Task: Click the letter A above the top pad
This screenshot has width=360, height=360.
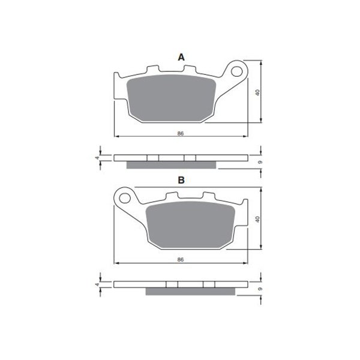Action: coord(181,58)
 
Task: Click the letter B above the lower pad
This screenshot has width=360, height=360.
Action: coord(181,180)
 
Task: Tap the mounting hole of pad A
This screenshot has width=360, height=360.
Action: coord(237,71)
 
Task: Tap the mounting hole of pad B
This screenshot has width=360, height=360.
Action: coord(125,198)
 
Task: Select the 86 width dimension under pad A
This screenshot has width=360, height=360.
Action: coord(181,133)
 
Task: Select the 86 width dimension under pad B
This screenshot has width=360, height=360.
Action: coord(181,260)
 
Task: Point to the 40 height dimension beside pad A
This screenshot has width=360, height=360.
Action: coord(257,92)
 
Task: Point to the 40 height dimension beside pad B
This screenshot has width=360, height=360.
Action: coord(257,219)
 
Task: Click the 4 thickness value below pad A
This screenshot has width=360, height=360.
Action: coord(98,158)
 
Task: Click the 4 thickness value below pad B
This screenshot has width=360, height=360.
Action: coord(98,284)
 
